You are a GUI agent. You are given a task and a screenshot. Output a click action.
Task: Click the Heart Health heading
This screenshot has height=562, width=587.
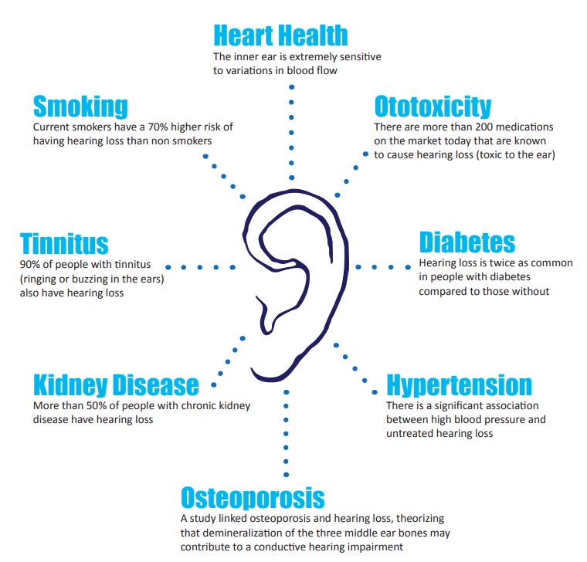280,36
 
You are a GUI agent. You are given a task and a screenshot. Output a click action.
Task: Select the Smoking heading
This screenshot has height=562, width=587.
80,106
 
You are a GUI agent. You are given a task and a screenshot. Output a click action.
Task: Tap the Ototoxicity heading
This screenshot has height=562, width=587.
432,106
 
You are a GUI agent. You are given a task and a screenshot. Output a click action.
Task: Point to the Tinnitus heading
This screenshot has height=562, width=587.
64,243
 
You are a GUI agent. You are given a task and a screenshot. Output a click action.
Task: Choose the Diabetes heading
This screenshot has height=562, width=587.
467,242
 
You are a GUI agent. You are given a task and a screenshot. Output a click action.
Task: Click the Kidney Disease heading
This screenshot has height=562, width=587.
116,384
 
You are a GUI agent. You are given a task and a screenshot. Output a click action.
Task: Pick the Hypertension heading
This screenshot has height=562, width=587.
459,384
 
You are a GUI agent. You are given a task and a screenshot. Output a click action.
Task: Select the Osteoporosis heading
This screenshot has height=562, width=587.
253,496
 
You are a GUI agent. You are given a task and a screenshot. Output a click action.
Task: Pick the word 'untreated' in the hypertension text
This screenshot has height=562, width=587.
410,434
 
